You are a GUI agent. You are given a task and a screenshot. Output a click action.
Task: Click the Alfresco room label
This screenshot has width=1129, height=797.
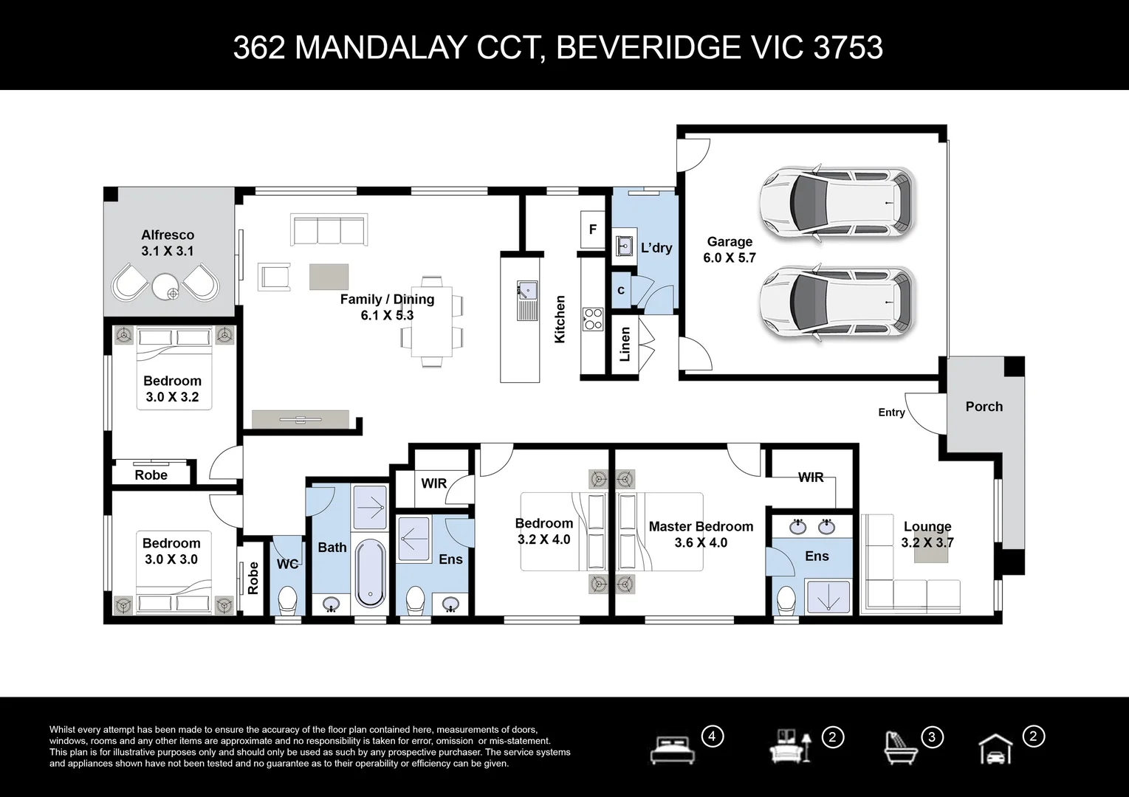tap(168, 235)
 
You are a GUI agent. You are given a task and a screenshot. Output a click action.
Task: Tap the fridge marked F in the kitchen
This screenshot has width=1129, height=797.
tap(592, 230)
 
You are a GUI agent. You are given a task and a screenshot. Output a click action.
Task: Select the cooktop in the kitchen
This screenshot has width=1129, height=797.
tap(592, 319)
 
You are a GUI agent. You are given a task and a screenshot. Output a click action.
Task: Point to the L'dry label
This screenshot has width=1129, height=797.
tap(656, 248)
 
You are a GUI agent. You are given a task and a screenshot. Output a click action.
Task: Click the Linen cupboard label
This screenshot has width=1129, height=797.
tap(625, 344)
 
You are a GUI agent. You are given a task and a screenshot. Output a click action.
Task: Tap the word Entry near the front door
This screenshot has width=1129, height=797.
tap(891, 413)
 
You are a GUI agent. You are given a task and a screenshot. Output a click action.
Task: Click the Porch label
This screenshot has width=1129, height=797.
tap(984, 407)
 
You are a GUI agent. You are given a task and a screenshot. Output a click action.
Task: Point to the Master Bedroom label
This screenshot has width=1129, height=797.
tap(701, 527)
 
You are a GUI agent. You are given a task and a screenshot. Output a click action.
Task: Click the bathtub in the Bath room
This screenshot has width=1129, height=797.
tap(369, 574)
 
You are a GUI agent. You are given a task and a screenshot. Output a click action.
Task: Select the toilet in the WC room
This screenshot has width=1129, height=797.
tap(287, 599)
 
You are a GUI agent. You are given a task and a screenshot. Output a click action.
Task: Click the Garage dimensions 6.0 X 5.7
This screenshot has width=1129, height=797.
tap(730, 258)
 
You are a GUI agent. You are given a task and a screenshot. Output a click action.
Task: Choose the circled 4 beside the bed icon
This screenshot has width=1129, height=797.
tap(713, 736)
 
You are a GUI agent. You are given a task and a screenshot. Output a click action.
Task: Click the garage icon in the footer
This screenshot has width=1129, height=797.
tap(995, 750)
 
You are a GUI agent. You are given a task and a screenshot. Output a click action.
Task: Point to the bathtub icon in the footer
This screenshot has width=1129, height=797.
tap(901, 748)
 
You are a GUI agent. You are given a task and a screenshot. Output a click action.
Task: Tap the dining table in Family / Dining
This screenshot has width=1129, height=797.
tap(433, 322)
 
